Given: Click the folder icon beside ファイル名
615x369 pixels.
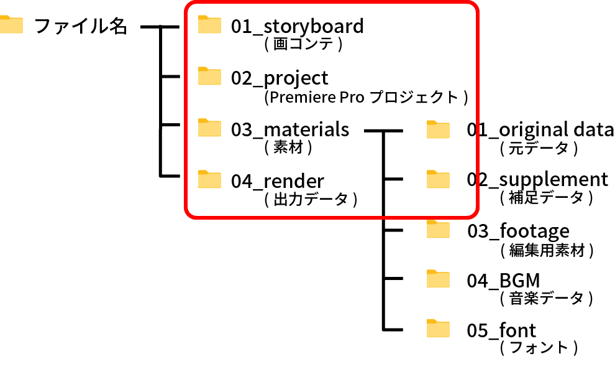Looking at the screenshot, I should click(11, 25).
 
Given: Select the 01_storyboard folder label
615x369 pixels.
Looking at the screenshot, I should click(297, 27).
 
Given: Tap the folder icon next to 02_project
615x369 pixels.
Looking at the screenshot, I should click(209, 76).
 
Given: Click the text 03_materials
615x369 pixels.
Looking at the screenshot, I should click(290, 129).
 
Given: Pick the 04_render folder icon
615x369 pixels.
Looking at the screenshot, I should click(209, 179).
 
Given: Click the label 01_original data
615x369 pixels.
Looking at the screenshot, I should click(540, 129).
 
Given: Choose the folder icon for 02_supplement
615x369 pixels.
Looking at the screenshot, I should click(438, 179).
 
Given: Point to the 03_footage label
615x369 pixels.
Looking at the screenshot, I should click(518, 231).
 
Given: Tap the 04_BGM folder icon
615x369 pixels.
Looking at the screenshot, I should click(438, 279).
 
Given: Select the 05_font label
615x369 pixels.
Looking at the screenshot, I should click(501, 330).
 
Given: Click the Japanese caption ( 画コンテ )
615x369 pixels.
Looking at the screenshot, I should click(304, 45).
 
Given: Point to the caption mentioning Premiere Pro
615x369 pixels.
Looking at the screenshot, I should click(365, 97).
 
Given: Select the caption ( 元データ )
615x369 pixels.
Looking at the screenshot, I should click(539, 149).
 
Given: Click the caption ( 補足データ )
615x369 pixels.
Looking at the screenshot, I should click(546, 198).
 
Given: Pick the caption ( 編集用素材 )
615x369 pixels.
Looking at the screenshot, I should click(547, 250).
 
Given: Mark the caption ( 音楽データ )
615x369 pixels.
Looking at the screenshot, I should click(546, 298).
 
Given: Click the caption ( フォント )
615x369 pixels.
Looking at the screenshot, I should click(539, 347).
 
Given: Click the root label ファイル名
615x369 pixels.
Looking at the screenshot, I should click(80, 26).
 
